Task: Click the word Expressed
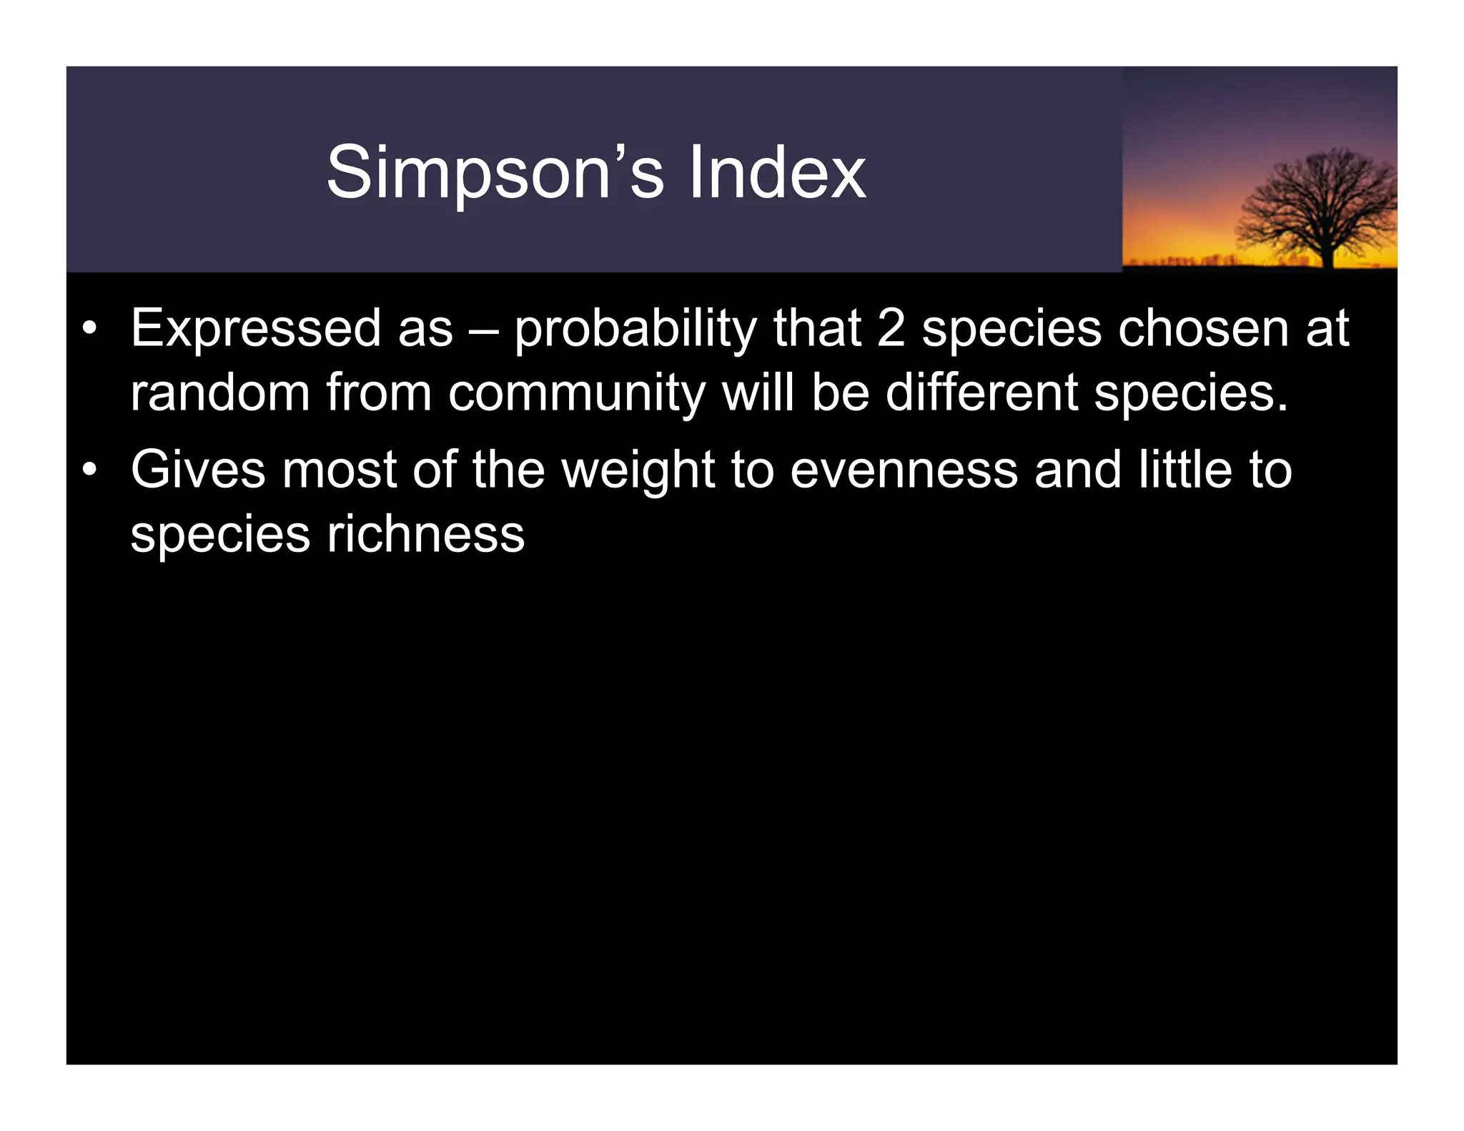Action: click(255, 329)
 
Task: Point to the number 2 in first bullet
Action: click(891, 329)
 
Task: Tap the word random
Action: click(219, 393)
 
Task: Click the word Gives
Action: click(197, 470)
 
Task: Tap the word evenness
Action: click(904, 470)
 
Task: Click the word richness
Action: click(425, 535)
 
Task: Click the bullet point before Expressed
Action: click(89, 330)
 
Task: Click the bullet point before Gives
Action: click(89, 471)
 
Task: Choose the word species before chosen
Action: click(1012, 330)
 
